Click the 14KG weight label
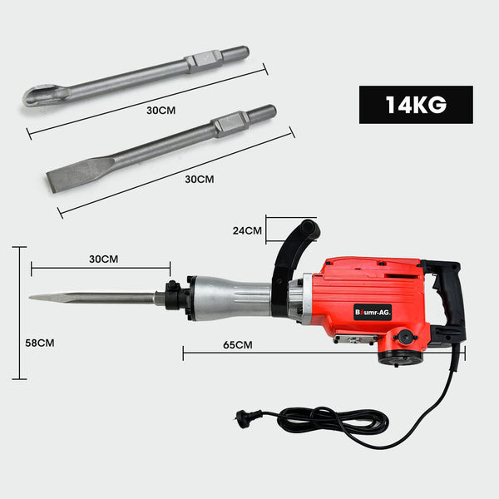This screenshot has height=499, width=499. tap(415, 105)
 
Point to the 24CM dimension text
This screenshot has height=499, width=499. tap(247, 231)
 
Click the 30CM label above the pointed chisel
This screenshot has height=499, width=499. tap(103, 259)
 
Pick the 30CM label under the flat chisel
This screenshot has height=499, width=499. tap(200, 179)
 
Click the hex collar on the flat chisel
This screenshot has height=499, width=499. tap(230, 124)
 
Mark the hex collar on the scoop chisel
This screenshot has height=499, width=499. tap(205, 61)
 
